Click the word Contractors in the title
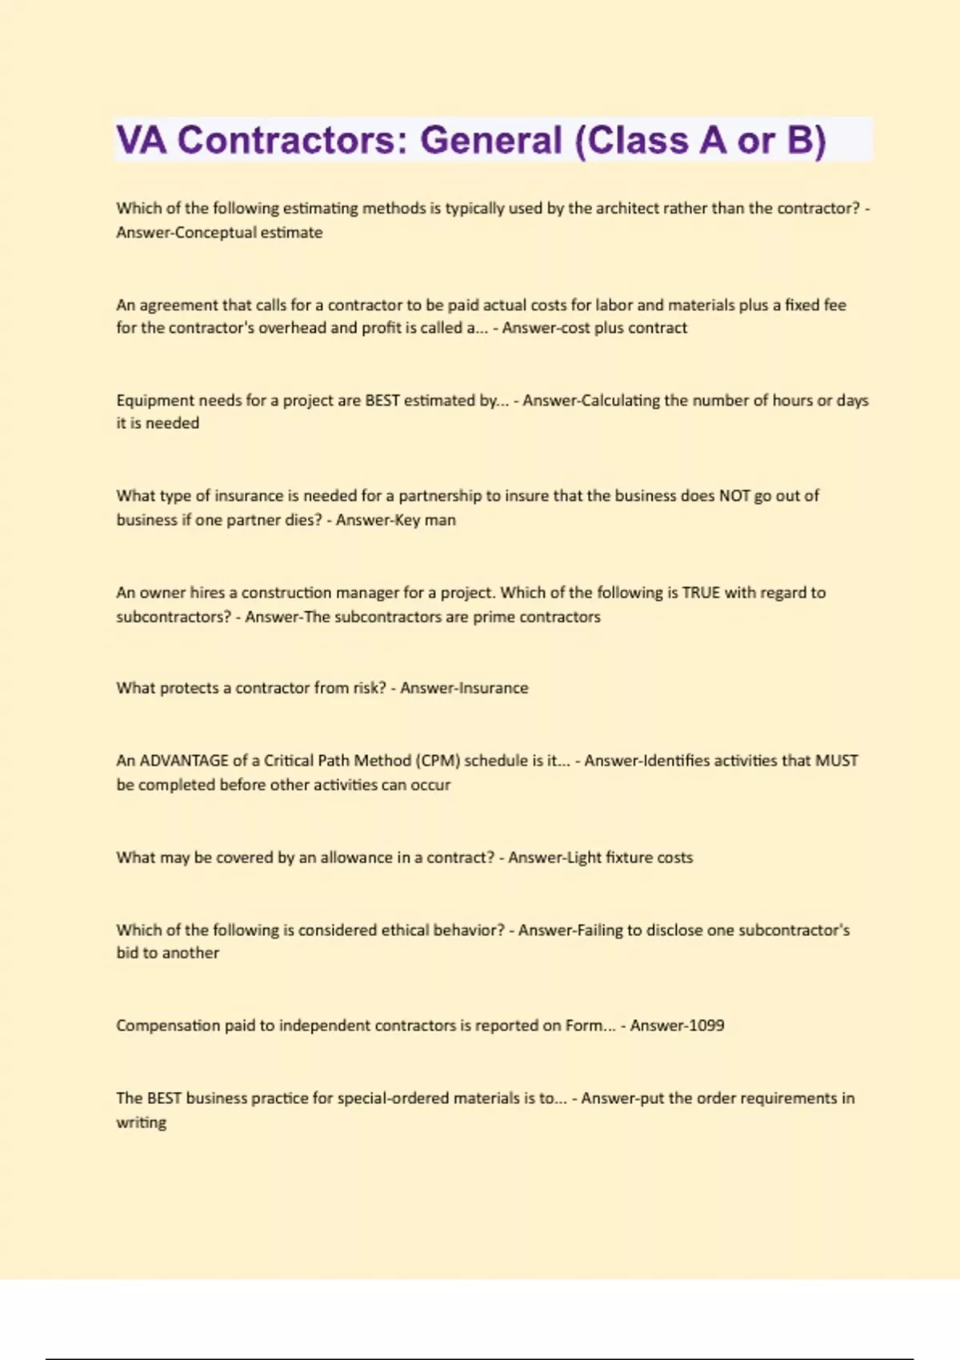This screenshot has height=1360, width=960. pos(286,141)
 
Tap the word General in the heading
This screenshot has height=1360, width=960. pos(491,141)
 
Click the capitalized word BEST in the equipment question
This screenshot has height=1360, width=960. pos(382,401)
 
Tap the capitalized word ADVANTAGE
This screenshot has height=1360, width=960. pos(184,761)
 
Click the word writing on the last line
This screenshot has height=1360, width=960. pos(142,1122)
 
